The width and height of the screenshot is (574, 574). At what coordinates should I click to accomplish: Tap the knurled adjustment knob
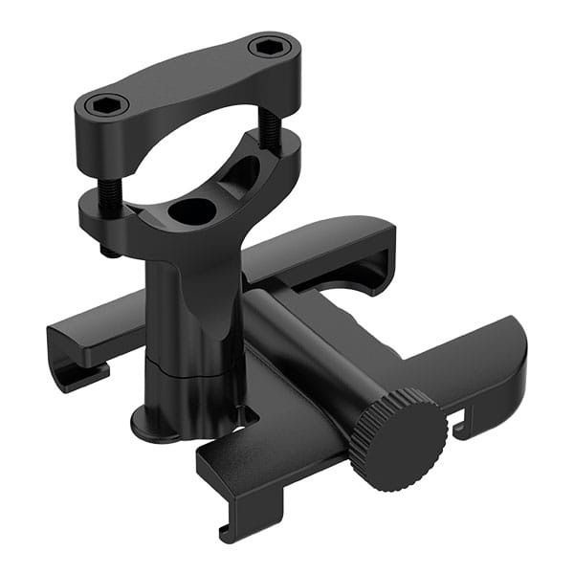(x=396, y=437)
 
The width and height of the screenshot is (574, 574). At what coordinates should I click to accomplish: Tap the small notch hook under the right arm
(x=465, y=426)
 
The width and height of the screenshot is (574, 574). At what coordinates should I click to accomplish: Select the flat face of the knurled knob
(x=407, y=445)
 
